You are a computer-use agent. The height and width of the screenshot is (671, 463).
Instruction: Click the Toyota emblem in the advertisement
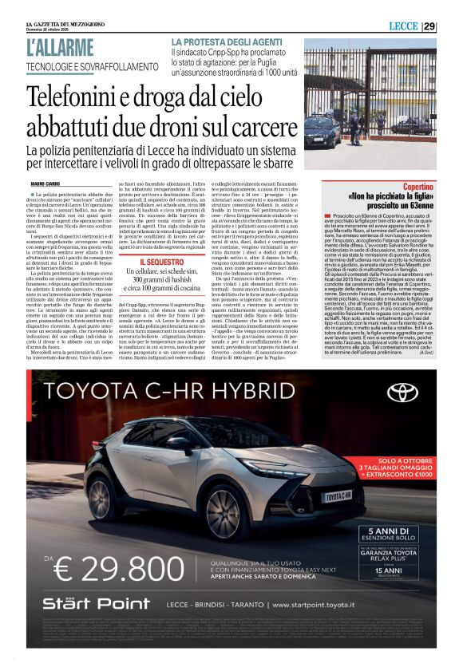(402, 393)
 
